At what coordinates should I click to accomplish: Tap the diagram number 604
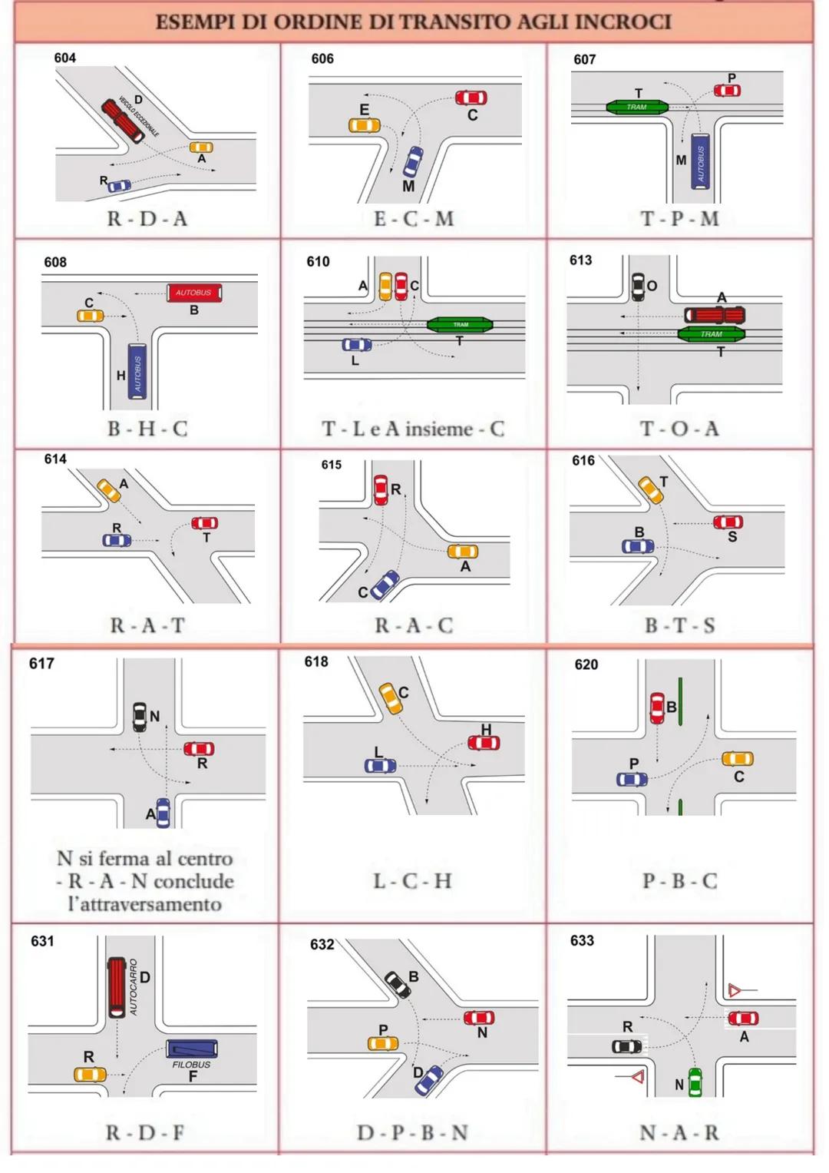click(x=65, y=58)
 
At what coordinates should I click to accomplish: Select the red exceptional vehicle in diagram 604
click(x=123, y=121)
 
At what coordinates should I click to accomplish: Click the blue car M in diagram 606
click(x=413, y=161)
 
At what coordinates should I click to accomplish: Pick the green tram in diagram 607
click(x=636, y=107)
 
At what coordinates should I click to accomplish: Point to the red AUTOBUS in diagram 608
click(x=194, y=293)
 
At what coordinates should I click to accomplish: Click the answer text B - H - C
click(x=147, y=428)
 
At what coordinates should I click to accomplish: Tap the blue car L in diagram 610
click(x=357, y=345)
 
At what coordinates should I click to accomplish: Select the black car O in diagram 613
click(x=638, y=286)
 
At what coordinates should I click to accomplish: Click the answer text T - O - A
click(x=679, y=428)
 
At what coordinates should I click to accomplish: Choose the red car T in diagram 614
click(x=205, y=523)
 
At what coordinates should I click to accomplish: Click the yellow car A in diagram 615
click(x=463, y=552)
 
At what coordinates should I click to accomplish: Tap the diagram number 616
click(x=583, y=460)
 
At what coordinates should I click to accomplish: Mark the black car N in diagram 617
click(x=140, y=716)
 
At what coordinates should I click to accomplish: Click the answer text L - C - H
click(x=412, y=880)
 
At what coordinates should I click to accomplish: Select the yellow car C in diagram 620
click(x=738, y=759)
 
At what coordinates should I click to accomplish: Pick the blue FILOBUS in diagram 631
click(x=192, y=1049)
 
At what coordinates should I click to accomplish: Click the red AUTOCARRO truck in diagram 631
click(x=117, y=986)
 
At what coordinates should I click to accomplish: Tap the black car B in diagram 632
click(x=398, y=984)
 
